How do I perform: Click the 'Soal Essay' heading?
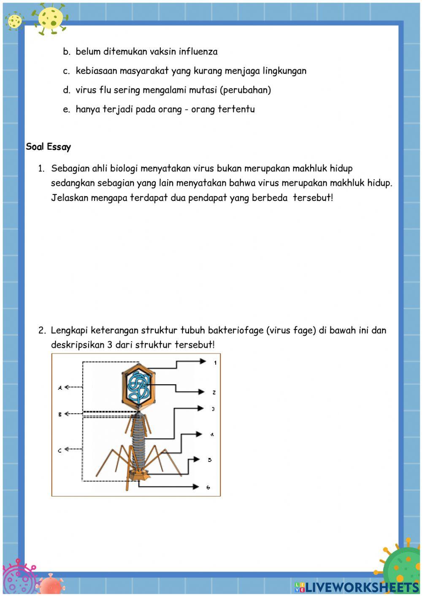[48, 147]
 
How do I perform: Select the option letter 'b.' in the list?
[66, 52]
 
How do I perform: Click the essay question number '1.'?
[41, 169]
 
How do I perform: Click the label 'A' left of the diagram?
[60, 387]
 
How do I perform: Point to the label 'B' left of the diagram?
[60, 414]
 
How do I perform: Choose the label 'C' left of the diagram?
[60, 450]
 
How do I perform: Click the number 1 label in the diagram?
[215, 362]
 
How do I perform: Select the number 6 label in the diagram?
[208, 487]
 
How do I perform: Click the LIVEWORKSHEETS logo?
[357, 587]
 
